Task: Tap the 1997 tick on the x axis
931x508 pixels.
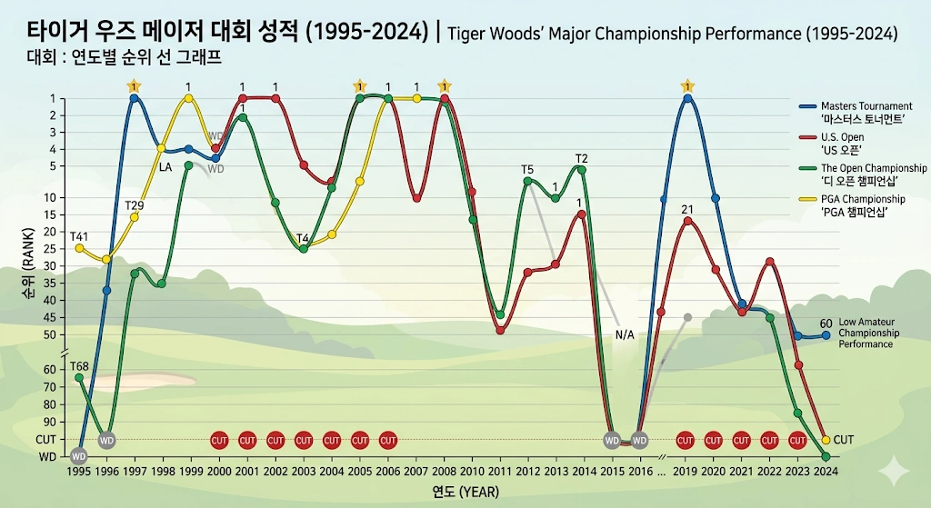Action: point(134,473)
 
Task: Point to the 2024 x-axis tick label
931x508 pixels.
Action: point(826,473)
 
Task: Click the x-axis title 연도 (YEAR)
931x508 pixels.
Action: point(464,493)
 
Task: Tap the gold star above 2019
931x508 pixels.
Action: point(687,86)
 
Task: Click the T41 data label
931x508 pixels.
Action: point(80,236)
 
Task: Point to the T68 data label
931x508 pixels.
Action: point(80,365)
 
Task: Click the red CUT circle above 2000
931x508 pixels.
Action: point(219,441)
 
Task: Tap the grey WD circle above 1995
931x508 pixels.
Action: point(79,456)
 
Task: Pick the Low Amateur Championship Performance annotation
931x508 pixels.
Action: point(868,333)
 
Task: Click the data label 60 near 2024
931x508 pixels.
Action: point(826,323)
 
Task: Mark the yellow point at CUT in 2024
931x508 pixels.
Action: point(826,440)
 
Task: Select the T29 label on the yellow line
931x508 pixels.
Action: point(135,204)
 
